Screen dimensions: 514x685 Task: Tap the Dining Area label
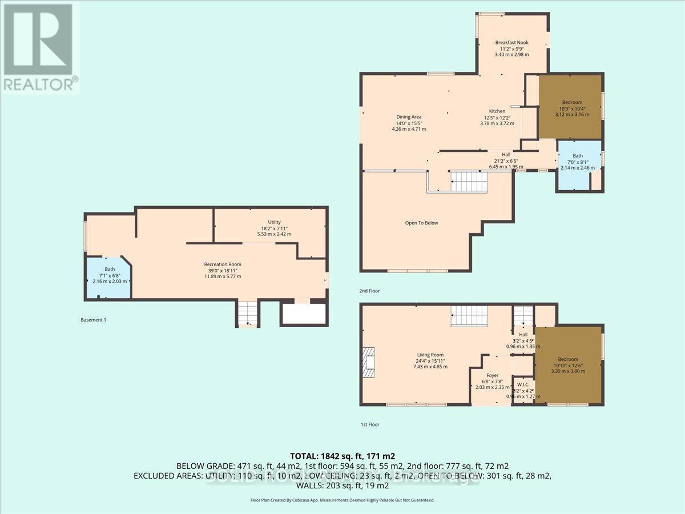click(409, 117)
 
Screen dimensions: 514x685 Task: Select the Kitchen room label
click(497, 111)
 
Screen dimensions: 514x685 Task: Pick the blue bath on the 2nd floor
click(578, 162)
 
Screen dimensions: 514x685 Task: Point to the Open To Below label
click(421, 223)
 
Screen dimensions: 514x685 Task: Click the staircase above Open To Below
click(470, 182)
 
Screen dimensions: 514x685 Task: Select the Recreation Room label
click(223, 264)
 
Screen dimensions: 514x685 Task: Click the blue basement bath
click(109, 276)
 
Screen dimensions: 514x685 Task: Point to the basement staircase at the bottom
click(247, 313)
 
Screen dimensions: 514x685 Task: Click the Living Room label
click(430, 355)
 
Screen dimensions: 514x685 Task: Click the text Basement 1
click(94, 320)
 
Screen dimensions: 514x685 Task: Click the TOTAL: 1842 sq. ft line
click(342, 456)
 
